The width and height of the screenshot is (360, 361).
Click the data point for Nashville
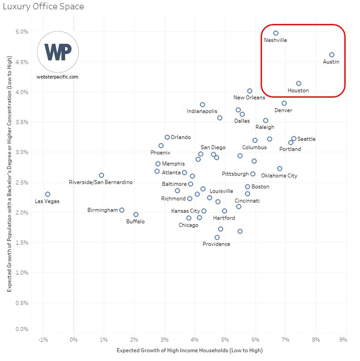coord(275,33)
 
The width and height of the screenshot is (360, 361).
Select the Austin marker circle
coord(332,55)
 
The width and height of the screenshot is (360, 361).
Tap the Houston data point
coord(299,83)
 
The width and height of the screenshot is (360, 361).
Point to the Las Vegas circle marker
coord(48,194)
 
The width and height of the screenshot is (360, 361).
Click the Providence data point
coord(217,238)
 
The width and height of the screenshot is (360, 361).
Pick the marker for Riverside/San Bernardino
coord(102,175)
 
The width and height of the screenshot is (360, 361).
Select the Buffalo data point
coord(136,215)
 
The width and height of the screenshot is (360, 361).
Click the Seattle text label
coord(306,139)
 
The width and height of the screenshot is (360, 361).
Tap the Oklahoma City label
coord(279,176)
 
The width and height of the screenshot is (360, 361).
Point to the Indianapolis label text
coord(202,111)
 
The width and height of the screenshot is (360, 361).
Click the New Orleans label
coord(249,98)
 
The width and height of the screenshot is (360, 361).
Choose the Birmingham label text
coord(102,210)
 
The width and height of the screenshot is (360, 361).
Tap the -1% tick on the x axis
coord(43,340)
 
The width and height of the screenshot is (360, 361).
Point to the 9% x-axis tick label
coord(343,340)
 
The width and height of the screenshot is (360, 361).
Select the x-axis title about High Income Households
coord(190,350)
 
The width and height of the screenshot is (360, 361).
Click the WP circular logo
coord(58,52)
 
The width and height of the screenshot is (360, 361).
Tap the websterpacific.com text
coord(58,77)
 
